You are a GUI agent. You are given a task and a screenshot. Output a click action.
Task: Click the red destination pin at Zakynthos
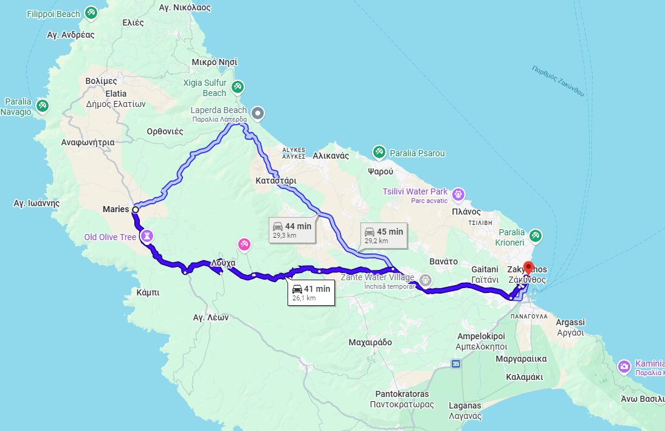click(x=528, y=267)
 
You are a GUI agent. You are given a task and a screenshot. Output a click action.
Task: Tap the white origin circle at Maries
click(x=135, y=210)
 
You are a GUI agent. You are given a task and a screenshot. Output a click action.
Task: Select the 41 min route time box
click(x=311, y=292)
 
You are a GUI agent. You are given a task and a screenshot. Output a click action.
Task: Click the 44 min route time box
click(x=292, y=230)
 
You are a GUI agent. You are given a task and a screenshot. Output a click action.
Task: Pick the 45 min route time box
click(x=383, y=235)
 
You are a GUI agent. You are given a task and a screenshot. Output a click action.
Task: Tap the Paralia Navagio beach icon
click(x=43, y=106)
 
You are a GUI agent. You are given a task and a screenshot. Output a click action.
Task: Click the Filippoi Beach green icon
click(x=91, y=13)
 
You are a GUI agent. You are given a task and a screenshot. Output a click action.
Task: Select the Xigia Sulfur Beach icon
click(x=238, y=87)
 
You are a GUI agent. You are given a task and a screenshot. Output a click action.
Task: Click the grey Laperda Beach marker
click(x=258, y=112)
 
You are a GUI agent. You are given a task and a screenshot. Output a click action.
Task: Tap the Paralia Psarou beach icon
click(x=379, y=152)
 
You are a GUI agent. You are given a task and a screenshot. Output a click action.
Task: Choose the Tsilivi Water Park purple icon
click(x=459, y=195)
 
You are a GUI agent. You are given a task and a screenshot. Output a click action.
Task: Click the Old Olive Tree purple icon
click(x=147, y=235)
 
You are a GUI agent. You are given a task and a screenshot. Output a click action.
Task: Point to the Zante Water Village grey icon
click(x=426, y=280)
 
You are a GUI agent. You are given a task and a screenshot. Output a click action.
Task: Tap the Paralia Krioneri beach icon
click(x=535, y=235)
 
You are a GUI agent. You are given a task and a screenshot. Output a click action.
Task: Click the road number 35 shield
click(x=456, y=364)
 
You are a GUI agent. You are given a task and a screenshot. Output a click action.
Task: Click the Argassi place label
click(x=570, y=322)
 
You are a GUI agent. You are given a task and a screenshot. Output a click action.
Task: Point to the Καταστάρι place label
click(x=276, y=181)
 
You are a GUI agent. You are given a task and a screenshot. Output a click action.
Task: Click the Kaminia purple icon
click(x=624, y=366)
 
